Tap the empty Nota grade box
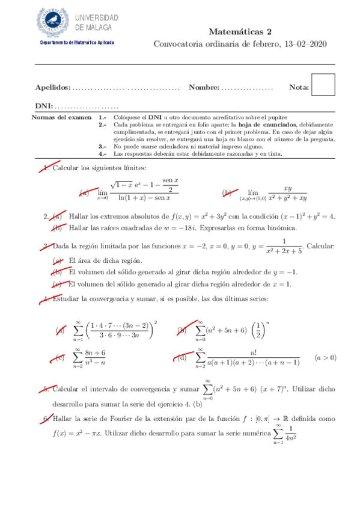click(x=324, y=85)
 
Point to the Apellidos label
click(x=53, y=88)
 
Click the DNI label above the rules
click(x=44, y=105)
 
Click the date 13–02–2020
click(x=313, y=44)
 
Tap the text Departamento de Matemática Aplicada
click(x=78, y=43)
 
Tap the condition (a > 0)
click(x=325, y=357)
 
